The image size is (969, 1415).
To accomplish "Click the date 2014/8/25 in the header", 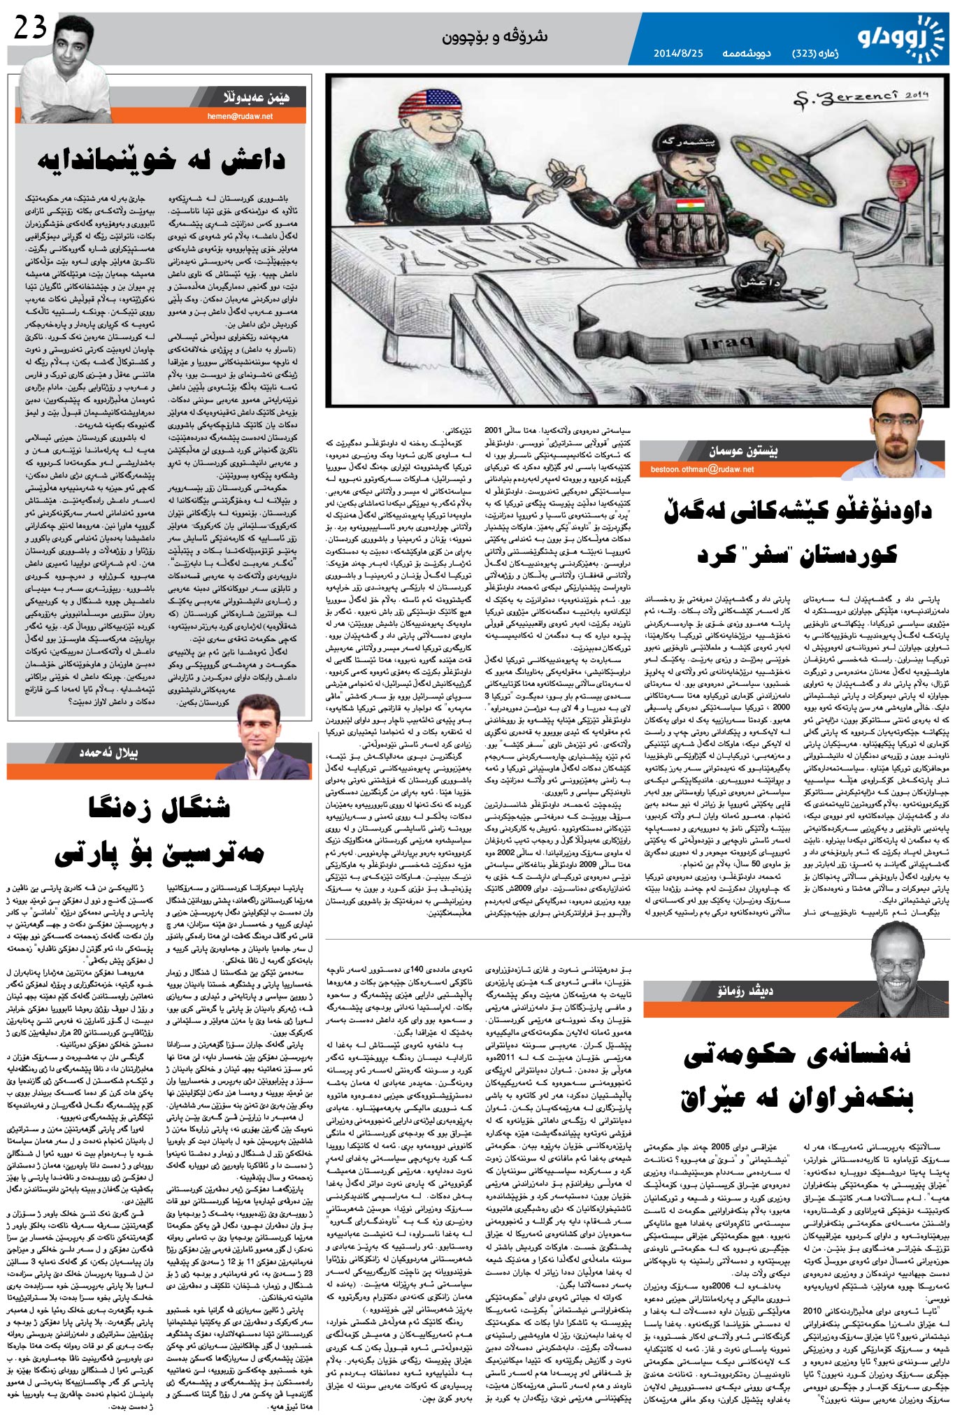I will (678, 53).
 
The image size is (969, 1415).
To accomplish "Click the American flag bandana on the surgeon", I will (424, 99).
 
